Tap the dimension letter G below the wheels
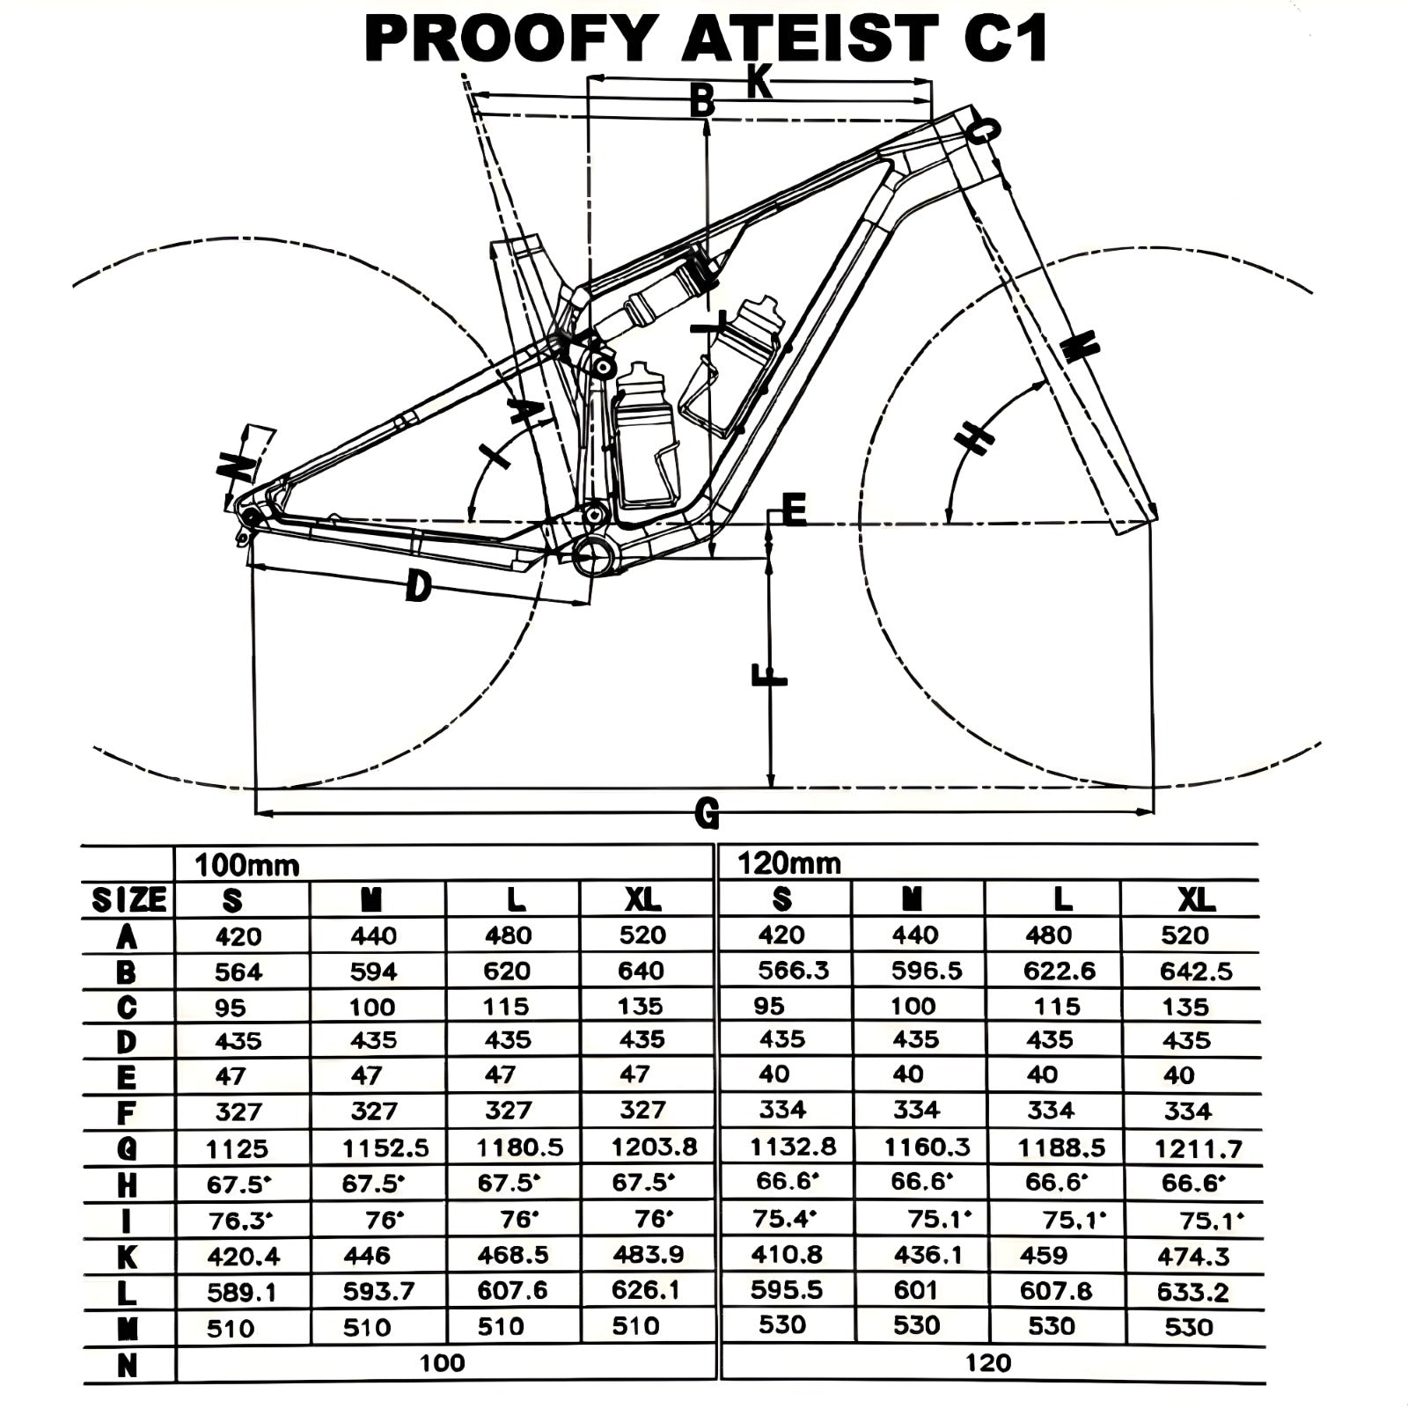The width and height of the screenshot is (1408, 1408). (707, 813)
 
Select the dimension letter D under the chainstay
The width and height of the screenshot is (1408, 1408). (418, 585)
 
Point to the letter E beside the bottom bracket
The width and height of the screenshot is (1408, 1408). (794, 510)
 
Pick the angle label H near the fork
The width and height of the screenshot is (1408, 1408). (975, 436)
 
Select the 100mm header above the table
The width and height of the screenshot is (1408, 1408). (247, 865)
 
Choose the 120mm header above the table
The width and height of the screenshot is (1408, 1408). (788, 863)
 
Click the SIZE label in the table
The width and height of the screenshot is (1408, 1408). (128, 900)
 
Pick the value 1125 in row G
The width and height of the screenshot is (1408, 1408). (237, 1148)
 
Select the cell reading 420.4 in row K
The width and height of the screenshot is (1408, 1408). (243, 1256)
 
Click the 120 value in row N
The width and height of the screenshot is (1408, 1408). (987, 1363)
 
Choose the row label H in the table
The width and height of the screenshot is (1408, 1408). (127, 1185)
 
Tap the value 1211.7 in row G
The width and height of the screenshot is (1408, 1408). (1198, 1148)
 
